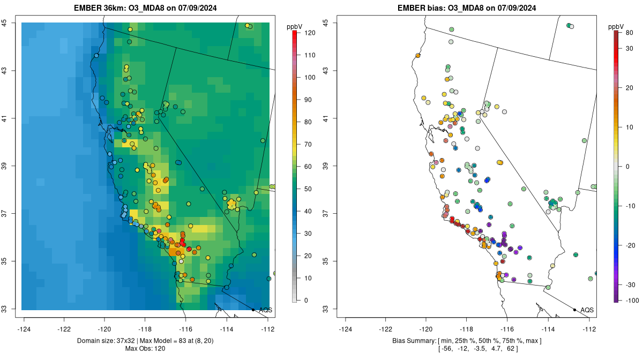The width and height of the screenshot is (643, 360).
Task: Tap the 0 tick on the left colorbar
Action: point(306,300)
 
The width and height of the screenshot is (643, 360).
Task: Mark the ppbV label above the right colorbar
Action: point(617,26)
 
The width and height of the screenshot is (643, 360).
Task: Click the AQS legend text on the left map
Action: point(265,310)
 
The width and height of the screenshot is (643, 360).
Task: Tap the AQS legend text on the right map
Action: point(587,310)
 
